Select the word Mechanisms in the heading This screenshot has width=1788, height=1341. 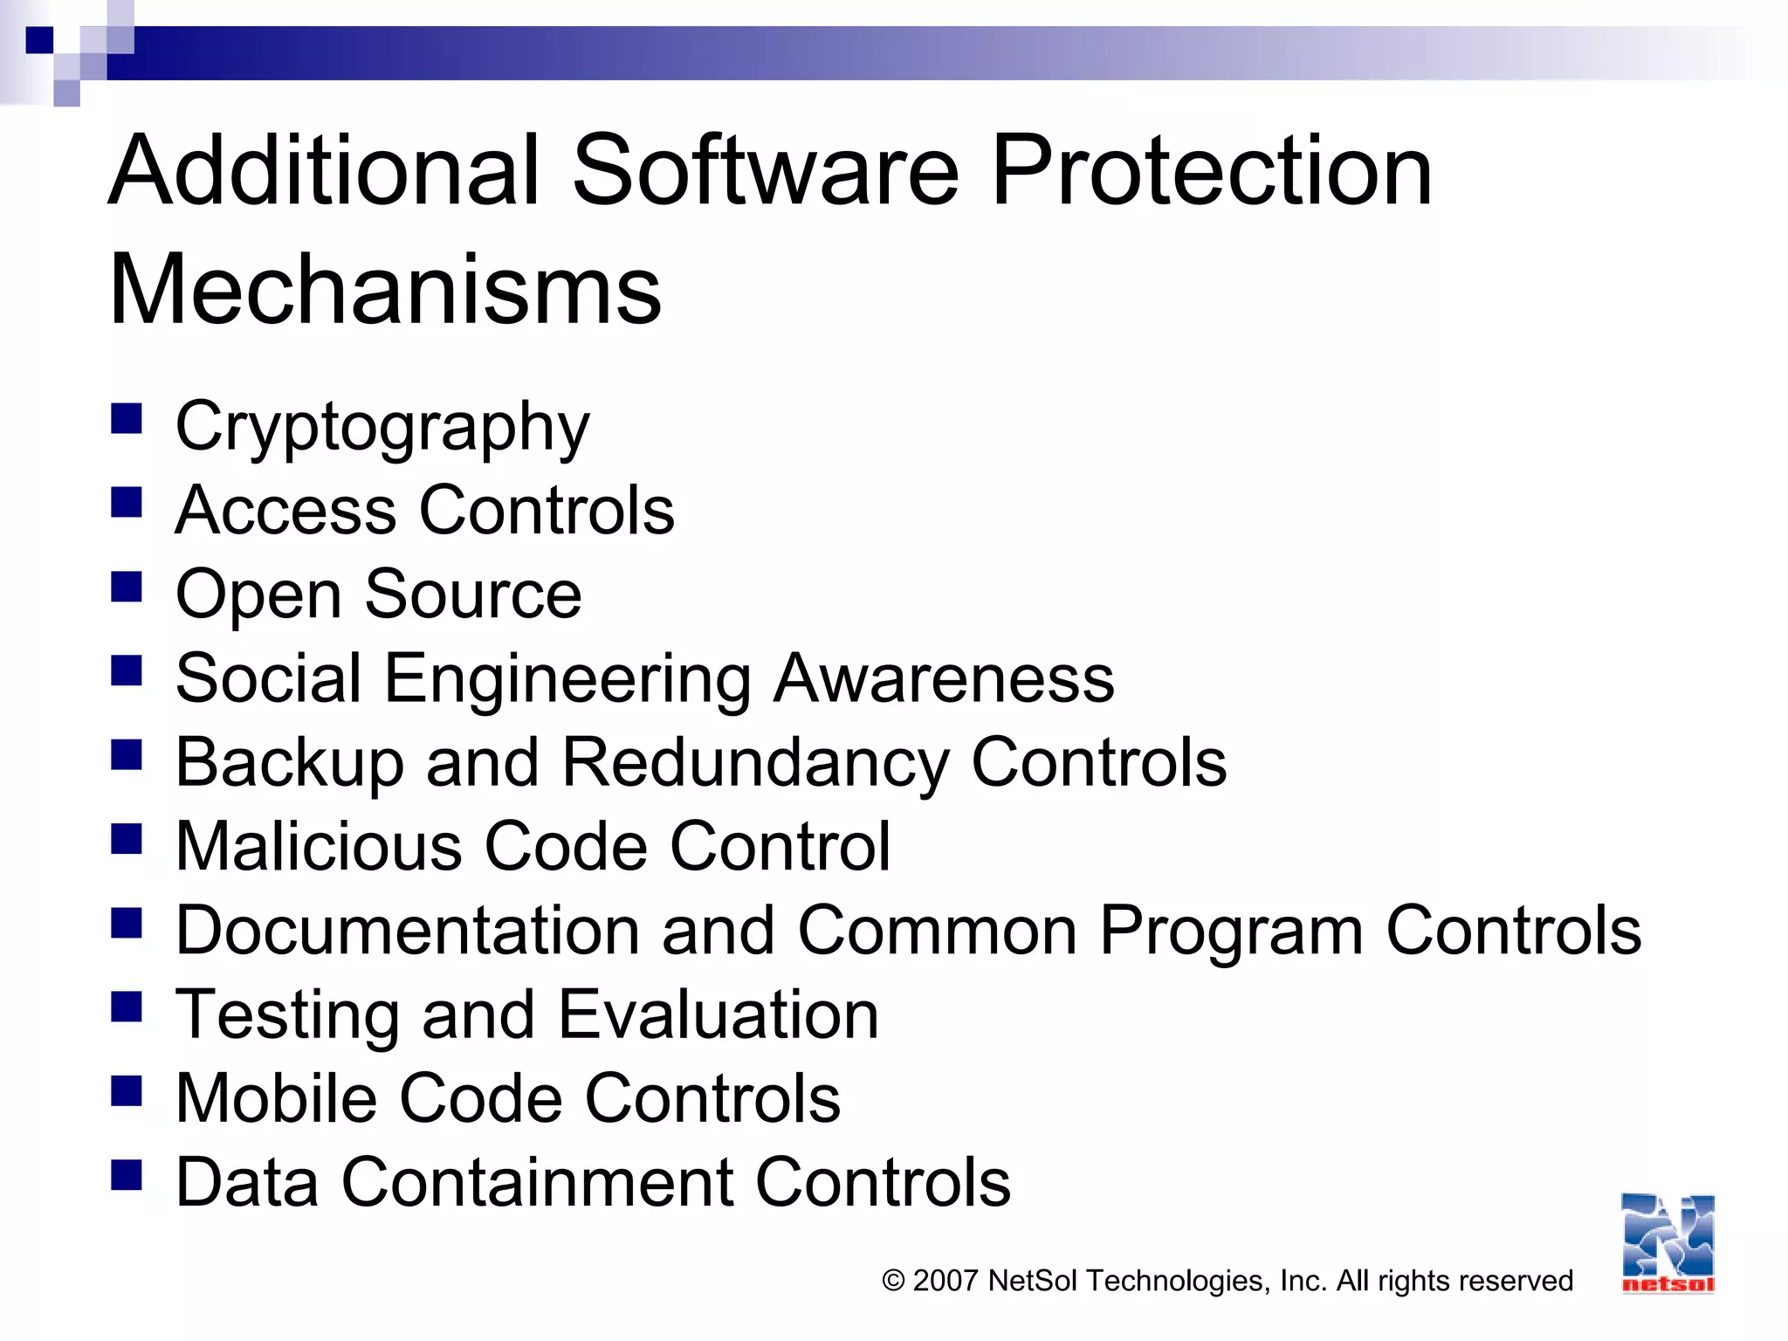(385, 290)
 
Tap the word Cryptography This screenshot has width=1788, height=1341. (382, 428)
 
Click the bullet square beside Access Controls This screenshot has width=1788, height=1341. (127, 502)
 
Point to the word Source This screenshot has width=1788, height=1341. (472, 595)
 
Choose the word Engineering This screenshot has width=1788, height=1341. (567, 680)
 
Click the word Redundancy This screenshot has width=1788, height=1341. (754, 763)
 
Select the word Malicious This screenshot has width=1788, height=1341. (319, 846)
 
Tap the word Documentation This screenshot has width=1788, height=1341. (408, 931)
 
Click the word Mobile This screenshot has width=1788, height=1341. (276, 1098)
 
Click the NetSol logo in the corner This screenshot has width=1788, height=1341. (1668, 1242)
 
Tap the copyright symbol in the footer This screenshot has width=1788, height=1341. (893, 1281)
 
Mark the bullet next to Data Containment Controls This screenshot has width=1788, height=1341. (127, 1175)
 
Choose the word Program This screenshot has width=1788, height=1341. (1230, 931)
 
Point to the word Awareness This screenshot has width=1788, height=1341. (944, 678)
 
